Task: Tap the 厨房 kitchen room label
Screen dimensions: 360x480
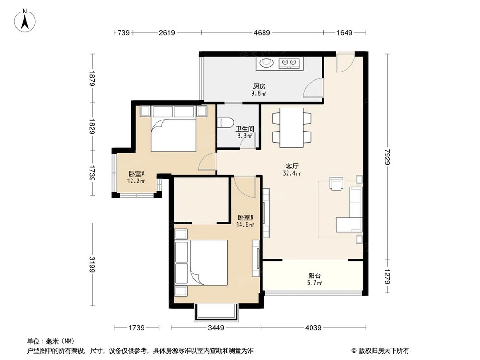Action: click(259, 87)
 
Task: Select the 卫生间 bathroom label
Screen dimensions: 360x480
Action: click(244, 130)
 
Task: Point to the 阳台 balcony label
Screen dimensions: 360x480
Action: click(314, 276)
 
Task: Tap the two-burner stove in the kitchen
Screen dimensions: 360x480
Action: click(289, 62)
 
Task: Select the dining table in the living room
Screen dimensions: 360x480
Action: click(291, 128)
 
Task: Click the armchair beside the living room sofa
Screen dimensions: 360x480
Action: click(336, 183)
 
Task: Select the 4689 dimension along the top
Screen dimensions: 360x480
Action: click(262, 33)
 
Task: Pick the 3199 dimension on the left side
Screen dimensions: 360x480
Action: click(92, 264)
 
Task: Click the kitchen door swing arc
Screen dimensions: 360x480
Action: click(312, 87)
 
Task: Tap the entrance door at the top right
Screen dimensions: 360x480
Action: click(345, 63)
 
